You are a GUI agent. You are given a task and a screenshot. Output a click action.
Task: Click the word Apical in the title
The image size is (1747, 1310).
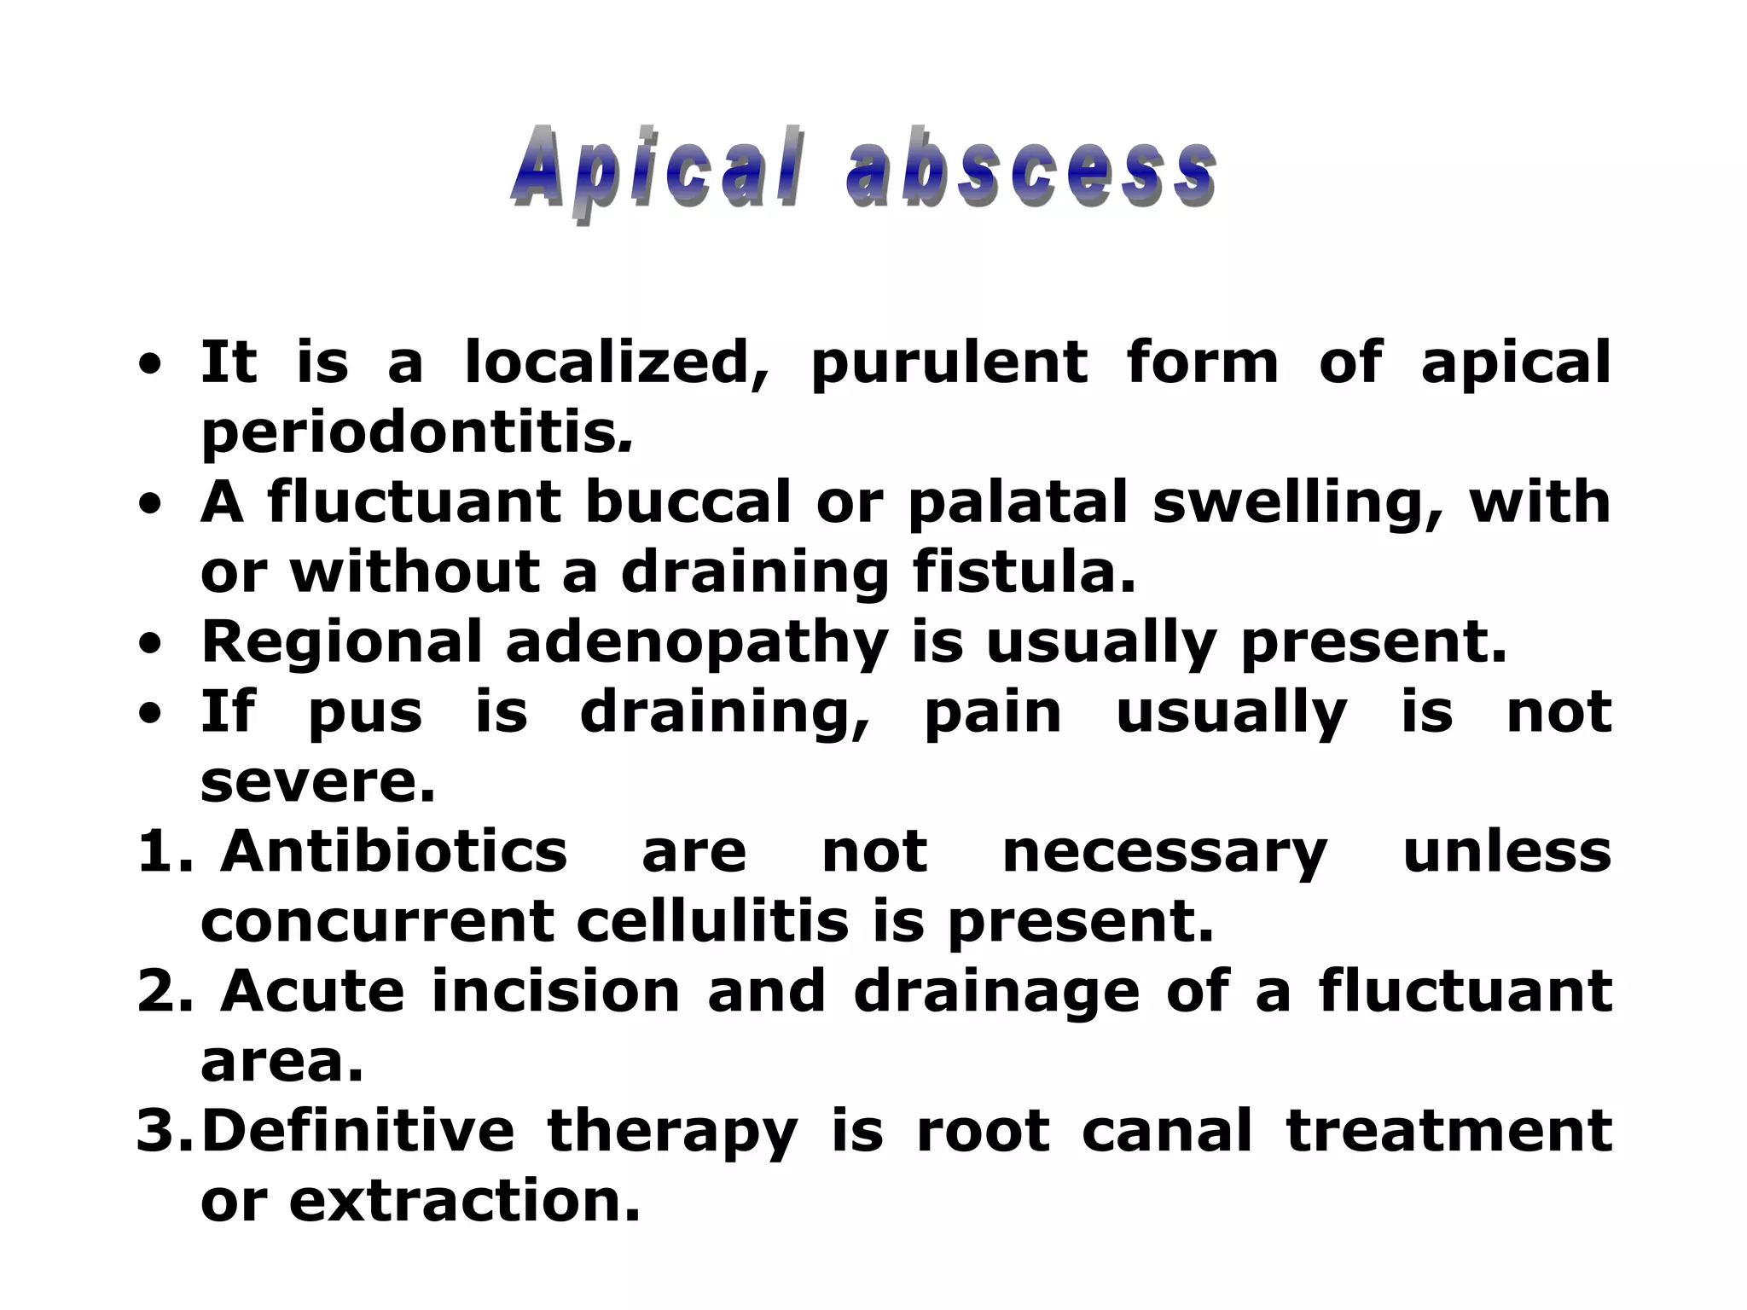(x=657, y=171)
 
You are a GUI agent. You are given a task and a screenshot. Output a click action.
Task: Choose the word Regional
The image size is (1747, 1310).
(x=341, y=643)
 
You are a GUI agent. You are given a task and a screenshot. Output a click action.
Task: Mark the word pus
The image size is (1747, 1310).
(x=364, y=715)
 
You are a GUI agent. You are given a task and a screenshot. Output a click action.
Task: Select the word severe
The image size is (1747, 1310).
(x=317, y=783)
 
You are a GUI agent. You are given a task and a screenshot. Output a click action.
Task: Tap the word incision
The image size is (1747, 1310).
(x=555, y=991)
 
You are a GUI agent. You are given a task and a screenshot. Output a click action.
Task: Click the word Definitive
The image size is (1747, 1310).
(x=358, y=1131)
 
